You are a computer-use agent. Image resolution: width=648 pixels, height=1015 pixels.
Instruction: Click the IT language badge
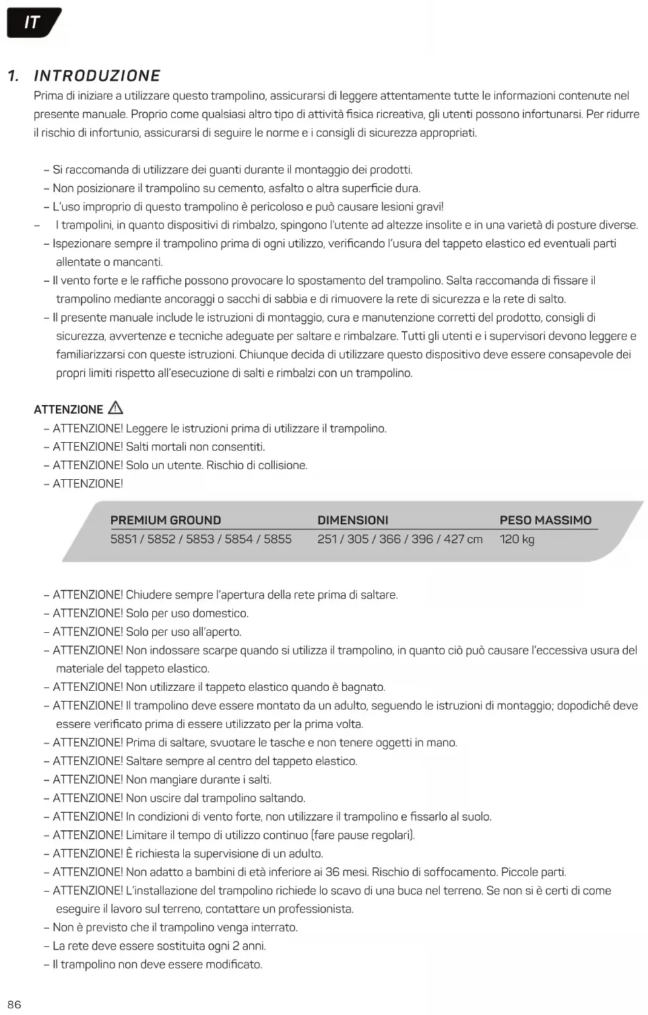(x=32, y=23)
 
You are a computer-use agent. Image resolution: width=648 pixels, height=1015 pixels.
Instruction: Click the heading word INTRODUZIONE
(x=97, y=76)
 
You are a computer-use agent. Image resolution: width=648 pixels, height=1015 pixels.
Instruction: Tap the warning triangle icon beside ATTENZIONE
(x=115, y=408)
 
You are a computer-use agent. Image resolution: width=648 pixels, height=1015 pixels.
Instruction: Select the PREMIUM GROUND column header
(x=166, y=520)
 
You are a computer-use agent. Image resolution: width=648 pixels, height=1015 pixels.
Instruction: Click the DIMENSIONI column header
(x=352, y=520)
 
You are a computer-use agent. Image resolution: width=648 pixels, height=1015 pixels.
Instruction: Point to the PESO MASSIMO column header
(x=545, y=520)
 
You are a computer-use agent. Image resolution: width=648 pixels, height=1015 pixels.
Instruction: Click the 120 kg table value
(x=517, y=539)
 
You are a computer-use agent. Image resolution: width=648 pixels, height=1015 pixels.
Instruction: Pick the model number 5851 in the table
(x=123, y=539)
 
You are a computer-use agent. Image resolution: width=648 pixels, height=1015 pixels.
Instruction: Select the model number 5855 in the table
(x=278, y=539)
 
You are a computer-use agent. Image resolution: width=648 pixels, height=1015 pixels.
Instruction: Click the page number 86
(x=14, y=1004)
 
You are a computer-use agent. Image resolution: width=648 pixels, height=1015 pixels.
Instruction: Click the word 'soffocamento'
(x=460, y=872)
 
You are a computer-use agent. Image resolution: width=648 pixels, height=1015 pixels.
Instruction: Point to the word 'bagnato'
(x=362, y=687)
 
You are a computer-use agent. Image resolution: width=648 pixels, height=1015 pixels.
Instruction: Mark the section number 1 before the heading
(x=12, y=76)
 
